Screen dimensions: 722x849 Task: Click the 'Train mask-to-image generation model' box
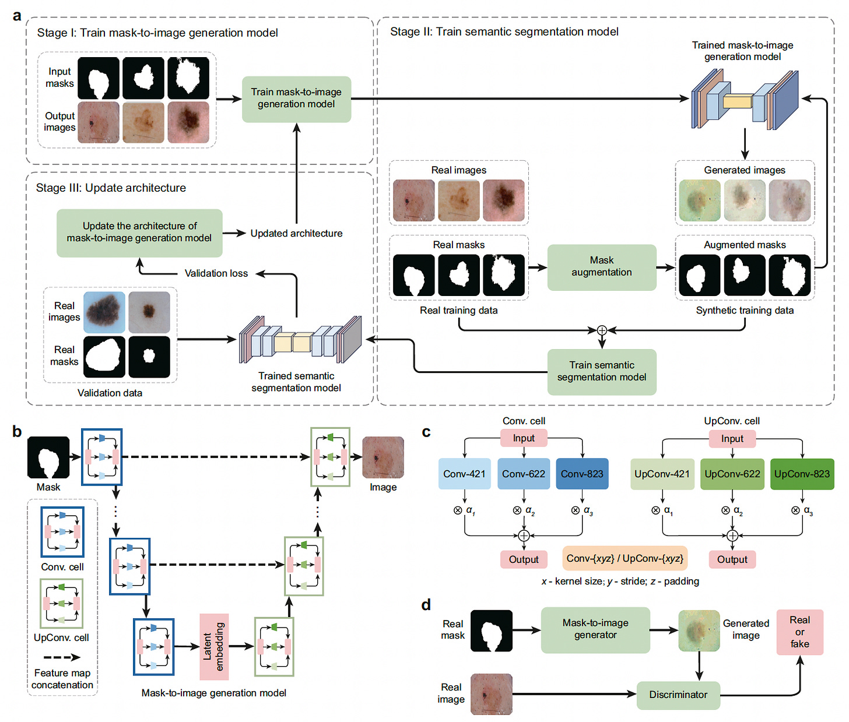(x=296, y=98)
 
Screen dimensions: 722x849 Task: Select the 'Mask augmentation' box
(x=601, y=267)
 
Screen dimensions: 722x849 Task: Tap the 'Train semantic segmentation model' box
(x=601, y=372)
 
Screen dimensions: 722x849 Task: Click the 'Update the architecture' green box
(x=139, y=233)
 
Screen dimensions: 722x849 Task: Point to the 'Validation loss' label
(x=216, y=273)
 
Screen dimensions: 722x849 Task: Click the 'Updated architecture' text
(x=296, y=234)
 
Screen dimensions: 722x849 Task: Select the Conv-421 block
(x=464, y=474)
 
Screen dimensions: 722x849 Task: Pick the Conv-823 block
(x=582, y=474)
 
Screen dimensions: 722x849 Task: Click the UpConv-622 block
(x=732, y=474)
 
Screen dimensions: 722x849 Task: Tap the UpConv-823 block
(x=802, y=474)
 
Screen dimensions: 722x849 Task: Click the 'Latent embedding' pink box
(x=213, y=647)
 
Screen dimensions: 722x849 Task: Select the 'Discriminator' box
(x=678, y=695)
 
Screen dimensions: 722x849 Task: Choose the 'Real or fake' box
(x=799, y=632)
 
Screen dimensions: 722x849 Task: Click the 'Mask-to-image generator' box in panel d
(x=595, y=629)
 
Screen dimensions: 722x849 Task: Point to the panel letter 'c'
(x=426, y=432)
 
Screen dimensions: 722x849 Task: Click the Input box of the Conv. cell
(x=524, y=438)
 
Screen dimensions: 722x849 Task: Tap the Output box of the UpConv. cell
(x=732, y=559)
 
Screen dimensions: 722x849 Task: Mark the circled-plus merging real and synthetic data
(x=602, y=330)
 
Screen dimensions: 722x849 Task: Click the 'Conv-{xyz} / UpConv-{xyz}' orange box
(x=625, y=558)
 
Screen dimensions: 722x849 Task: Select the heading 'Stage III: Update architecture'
(x=111, y=188)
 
